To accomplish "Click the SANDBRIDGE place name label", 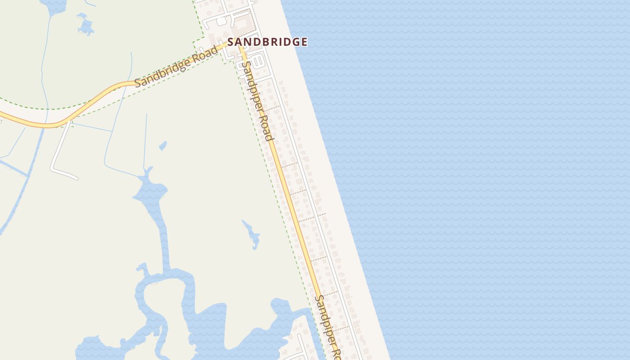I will click(x=267, y=42).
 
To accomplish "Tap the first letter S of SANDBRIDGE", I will click(x=231, y=42).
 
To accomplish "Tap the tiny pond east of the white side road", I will click(x=163, y=145).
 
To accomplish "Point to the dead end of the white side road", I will click(x=77, y=178).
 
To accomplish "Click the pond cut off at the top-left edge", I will click(x=53, y=5).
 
